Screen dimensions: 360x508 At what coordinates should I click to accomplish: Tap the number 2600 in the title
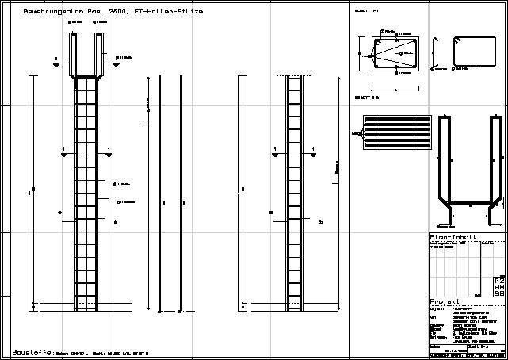tap(120, 13)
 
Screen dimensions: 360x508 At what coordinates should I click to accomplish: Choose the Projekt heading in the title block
tap(444, 302)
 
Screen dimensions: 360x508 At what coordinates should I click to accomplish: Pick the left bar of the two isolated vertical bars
tap(159, 190)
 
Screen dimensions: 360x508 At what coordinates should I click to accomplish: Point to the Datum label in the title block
tap(434, 346)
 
